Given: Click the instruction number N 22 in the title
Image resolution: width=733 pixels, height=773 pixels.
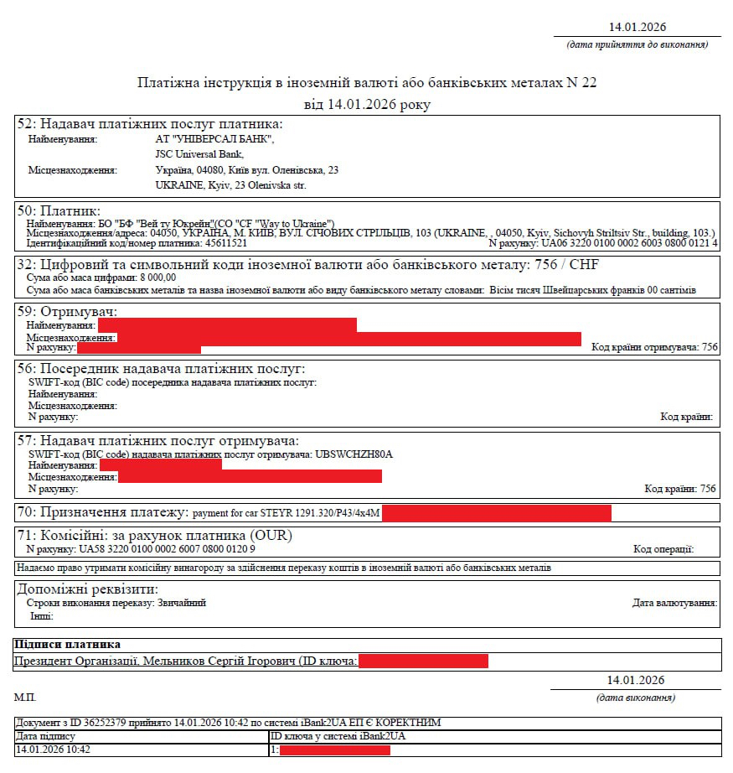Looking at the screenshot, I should [583, 83].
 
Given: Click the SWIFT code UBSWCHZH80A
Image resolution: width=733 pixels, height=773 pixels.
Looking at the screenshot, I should [354, 454].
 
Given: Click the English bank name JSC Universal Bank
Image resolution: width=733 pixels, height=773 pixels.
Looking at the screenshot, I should [199, 154].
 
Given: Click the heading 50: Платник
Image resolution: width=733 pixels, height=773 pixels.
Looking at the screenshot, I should [59, 210].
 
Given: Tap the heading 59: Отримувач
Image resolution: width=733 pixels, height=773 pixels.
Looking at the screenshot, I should [67, 311].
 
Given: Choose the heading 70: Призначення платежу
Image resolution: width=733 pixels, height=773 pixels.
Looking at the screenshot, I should [103, 512].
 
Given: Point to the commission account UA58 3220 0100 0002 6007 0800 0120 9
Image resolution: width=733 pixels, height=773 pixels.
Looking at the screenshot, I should [166, 549].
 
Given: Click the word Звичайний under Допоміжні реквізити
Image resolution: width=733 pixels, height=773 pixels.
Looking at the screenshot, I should [182, 603].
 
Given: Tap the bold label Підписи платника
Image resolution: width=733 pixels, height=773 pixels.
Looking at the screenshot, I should [67, 645].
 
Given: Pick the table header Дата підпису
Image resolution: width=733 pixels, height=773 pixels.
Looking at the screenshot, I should [45, 736].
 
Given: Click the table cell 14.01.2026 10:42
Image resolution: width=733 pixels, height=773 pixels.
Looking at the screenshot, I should [53, 750].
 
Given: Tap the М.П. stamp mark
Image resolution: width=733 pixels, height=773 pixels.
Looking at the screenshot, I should [25, 698].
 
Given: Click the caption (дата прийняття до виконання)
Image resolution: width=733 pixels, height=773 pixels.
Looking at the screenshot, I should [638, 44].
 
